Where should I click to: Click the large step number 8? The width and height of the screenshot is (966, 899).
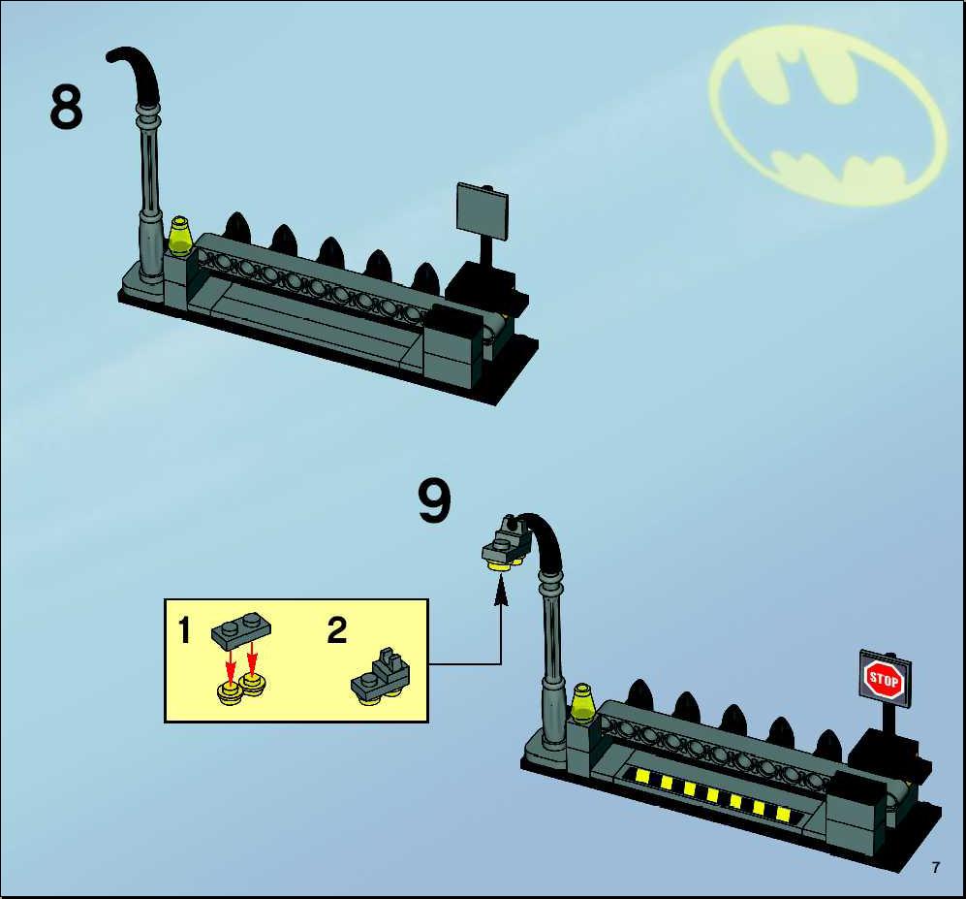click(66, 107)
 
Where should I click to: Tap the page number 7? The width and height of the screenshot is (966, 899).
click(936, 868)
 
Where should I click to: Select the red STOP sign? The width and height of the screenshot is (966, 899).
click(884, 679)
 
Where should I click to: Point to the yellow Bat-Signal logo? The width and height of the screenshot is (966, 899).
click(827, 115)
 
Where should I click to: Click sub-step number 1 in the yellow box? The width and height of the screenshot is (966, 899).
click(184, 630)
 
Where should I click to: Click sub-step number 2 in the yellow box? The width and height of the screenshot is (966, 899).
click(337, 630)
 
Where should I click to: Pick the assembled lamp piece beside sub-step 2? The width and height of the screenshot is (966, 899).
click(381, 676)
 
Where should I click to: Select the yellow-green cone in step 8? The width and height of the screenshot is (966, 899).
click(179, 236)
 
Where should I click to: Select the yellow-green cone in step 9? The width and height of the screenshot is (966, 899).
click(581, 702)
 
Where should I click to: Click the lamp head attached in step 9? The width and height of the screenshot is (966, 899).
click(507, 543)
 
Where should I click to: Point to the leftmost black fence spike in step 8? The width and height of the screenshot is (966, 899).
click(237, 227)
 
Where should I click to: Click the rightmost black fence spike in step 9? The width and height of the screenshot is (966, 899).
click(827, 745)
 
